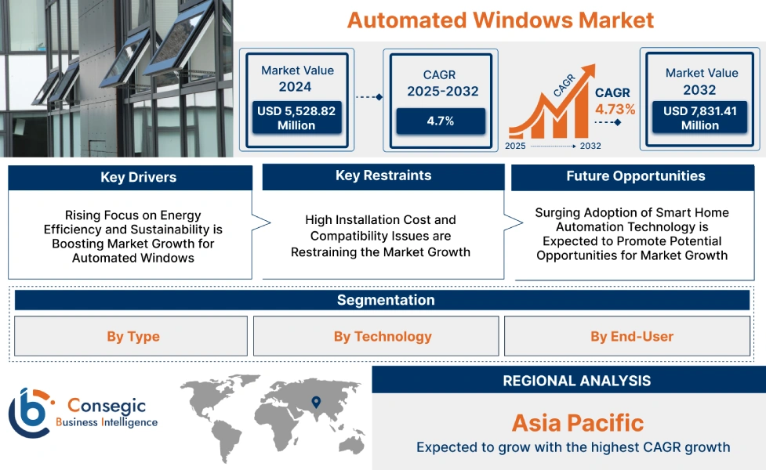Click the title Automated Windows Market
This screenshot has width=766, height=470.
(x=500, y=20)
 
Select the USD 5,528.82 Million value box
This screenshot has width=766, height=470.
(x=296, y=118)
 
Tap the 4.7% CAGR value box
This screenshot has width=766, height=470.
(x=440, y=121)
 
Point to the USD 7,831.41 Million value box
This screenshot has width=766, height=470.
(x=700, y=118)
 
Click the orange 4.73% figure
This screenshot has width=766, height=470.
(x=615, y=109)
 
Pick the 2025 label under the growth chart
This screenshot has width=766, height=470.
(x=516, y=146)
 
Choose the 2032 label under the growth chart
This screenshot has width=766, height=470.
(x=590, y=146)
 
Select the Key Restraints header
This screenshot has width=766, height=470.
(x=383, y=175)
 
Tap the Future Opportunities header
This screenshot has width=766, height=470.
(x=636, y=176)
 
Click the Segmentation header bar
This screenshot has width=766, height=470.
(x=385, y=300)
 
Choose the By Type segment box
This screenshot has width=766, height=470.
(x=133, y=337)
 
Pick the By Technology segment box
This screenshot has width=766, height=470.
(x=383, y=337)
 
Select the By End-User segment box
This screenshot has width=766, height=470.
(x=631, y=337)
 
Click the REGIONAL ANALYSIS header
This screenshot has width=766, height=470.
(x=576, y=381)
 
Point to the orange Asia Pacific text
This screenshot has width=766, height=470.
(x=577, y=423)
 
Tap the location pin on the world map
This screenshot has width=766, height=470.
(x=316, y=402)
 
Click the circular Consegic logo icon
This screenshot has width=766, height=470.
(x=30, y=412)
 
